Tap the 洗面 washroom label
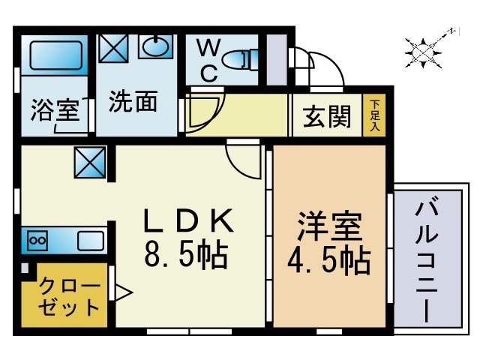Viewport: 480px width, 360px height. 133,102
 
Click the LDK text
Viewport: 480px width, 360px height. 189,223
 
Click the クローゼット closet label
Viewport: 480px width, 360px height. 69,295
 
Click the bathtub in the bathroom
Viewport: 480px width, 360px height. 54,55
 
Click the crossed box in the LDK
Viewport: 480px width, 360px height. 90,163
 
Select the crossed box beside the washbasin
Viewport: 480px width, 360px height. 114,49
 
